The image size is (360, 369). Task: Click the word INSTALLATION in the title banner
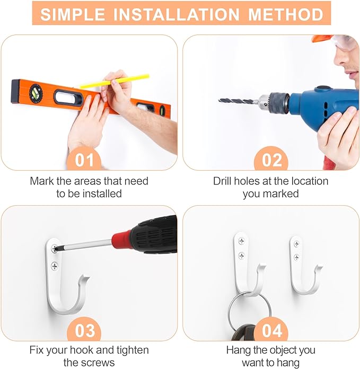(177, 14)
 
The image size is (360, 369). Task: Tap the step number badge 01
(84, 160)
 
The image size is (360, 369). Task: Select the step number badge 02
(271, 160)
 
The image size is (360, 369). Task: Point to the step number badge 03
(84, 330)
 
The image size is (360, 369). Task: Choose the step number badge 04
(271, 330)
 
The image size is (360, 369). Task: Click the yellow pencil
(115, 81)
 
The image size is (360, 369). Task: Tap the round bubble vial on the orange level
(36, 93)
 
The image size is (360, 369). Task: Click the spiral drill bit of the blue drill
(238, 101)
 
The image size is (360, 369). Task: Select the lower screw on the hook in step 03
(55, 266)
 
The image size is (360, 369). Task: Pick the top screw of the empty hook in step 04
(296, 244)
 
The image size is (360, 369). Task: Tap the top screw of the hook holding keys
(241, 241)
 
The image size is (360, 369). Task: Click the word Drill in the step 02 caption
(222, 181)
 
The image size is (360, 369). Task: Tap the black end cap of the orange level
(15, 92)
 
